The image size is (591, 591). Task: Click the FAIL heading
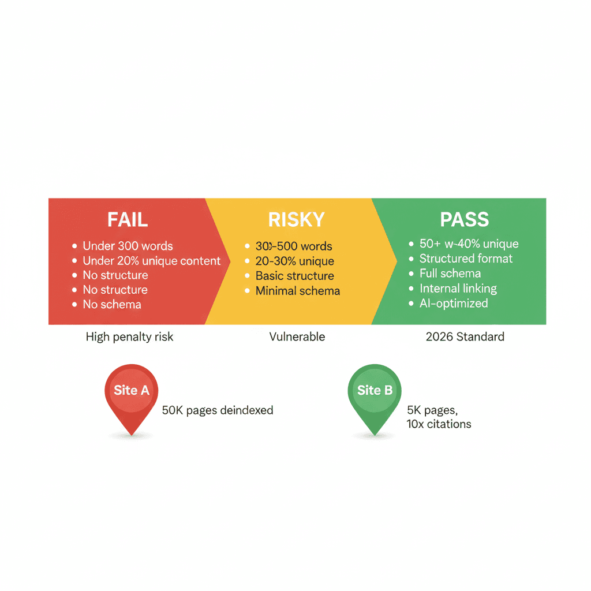tap(128, 220)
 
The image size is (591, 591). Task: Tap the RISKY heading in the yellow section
tap(297, 220)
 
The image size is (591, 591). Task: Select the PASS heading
tap(464, 220)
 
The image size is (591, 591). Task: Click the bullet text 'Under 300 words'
tap(128, 246)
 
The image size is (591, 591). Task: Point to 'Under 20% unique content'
tap(151, 261)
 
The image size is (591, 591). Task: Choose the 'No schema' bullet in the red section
tap(112, 304)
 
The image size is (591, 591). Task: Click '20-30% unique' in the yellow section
tap(294, 261)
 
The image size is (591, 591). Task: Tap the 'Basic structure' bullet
tap(294, 276)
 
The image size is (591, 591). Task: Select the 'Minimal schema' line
tap(298, 291)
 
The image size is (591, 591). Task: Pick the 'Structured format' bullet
tap(466, 259)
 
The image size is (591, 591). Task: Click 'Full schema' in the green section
tap(450, 274)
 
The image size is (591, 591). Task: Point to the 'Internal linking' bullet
tap(458, 289)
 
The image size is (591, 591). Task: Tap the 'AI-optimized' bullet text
tap(454, 304)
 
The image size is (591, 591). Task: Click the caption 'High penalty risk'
tap(129, 337)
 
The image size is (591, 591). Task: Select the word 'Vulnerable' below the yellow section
tap(297, 337)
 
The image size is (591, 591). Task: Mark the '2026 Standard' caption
tap(465, 337)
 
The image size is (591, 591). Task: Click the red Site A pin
tap(132, 395)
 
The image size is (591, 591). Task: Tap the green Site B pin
tap(375, 395)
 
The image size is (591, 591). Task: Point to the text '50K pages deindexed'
tap(218, 410)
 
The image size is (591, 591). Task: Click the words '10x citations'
tap(439, 424)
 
